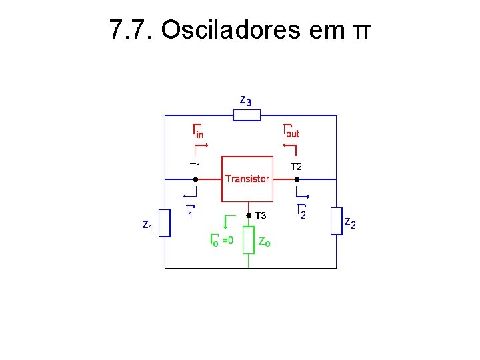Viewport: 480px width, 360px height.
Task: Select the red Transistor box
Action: point(247,179)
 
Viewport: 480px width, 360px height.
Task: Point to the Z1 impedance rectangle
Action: point(165,223)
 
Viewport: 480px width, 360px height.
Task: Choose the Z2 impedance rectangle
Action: point(336,221)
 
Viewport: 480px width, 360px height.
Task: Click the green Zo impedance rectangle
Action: point(248,240)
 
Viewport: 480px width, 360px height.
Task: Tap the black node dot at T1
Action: point(195,179)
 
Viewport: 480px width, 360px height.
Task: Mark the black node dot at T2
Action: point(297,179)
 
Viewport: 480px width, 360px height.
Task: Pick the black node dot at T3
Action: point(249,215)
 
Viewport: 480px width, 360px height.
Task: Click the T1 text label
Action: point(195,166)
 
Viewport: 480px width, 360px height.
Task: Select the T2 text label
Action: point(297,166)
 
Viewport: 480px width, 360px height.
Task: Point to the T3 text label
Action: point(261,216)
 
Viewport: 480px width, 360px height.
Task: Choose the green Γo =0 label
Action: point(221,239)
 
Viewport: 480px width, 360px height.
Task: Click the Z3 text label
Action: point(245,101)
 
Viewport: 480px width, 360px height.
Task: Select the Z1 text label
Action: point(147,226)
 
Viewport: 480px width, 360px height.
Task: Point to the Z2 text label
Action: point(349,223)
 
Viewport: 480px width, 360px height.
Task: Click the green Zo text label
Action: point(264,241)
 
